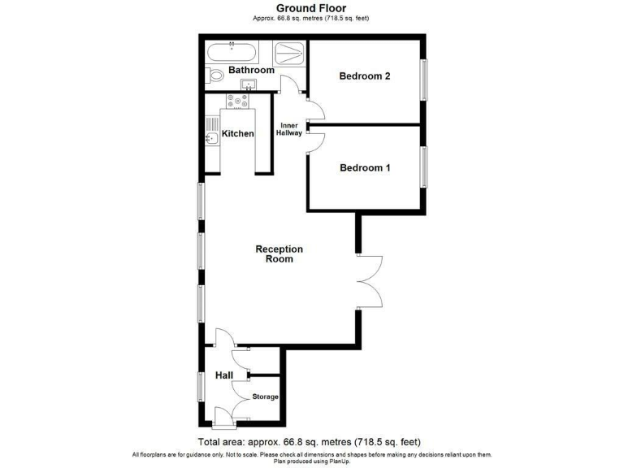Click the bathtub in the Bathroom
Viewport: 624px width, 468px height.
(x=232, y=54)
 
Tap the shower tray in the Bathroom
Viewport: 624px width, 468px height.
(x=289, y=54)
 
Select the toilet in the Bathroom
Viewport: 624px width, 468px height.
(x=215, y=76)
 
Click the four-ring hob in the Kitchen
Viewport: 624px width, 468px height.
(x=239, y=102)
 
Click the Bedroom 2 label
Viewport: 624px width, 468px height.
(x=365, y=76)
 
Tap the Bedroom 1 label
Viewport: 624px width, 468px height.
(x=365, y=168)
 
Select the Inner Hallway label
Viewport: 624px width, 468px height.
(x=291, y=129)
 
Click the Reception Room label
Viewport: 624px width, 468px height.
(x=279, y=253)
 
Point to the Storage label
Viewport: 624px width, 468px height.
(x=265, y=396)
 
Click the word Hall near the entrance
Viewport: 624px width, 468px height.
(x=224, y=375)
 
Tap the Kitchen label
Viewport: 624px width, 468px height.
(x=238, y=134)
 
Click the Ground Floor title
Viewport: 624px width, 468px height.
(x=311, y=8)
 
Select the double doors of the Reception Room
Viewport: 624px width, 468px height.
(x=369, y=280)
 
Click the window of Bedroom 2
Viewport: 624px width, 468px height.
(x=422, y=80)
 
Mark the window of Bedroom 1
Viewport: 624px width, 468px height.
(x=422, y=167)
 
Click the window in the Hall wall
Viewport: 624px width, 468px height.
(x=201, y=385)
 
